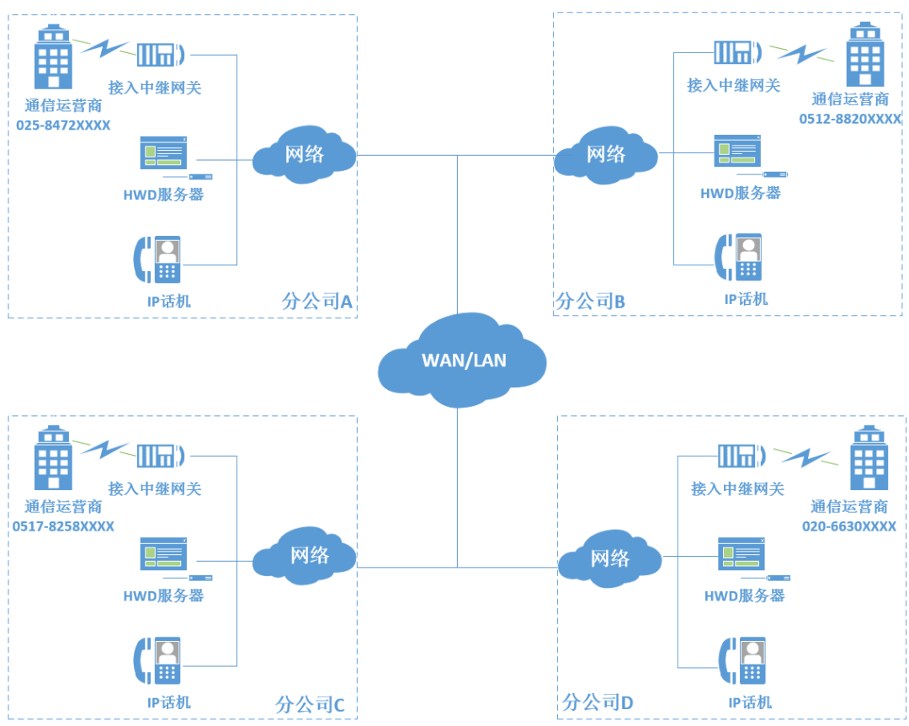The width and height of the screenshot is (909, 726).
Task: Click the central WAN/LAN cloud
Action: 463,360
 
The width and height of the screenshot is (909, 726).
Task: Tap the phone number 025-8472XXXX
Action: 63,125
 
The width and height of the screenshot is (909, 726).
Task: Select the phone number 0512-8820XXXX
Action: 850,119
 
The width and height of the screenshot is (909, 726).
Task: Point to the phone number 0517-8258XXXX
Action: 63,526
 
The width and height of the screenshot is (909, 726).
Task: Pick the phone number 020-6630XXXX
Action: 848,526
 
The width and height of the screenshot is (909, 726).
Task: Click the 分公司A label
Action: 316,300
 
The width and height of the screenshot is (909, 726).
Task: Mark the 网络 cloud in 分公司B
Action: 605,155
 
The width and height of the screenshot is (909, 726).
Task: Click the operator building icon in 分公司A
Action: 53,57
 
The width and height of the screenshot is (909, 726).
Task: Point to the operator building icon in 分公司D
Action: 868,458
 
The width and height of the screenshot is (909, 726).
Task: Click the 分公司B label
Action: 590,300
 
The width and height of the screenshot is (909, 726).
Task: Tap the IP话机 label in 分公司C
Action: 169,702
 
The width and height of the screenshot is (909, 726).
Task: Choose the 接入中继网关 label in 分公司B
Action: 733,85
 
